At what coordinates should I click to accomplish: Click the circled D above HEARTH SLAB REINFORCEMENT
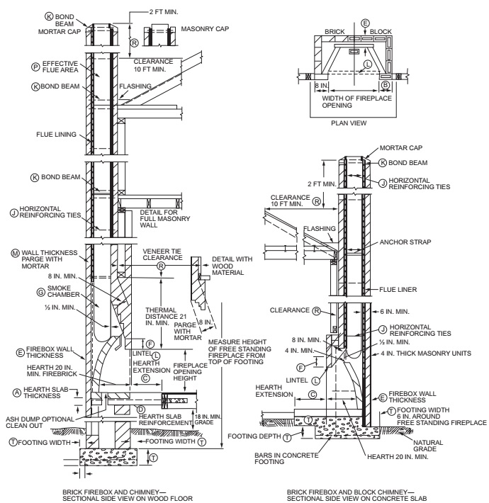(x=140, y=409)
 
